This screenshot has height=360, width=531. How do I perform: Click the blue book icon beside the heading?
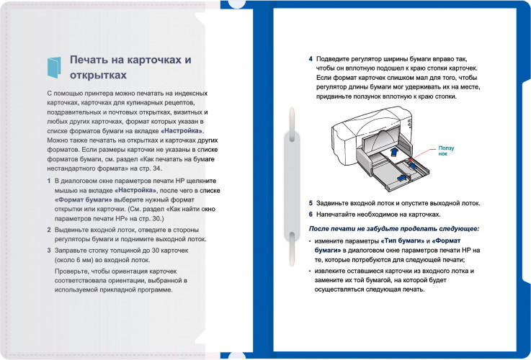pyautogui.click(x=54, y=67)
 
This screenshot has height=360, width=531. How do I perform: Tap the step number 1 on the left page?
pyautogui.click(x=48, y=181)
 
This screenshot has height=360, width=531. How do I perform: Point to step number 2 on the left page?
pyautogui.click(x=48, y=229)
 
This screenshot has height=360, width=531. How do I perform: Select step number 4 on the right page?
pyautogui.click(x=311, y=58)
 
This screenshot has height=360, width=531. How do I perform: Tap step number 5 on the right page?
pyautogui.click(x=311, y=203)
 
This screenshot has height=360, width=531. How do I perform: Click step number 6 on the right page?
pyautogui.click(x=311, y=215)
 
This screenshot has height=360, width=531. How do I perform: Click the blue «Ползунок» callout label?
pyautogui.click(x=447, y=150)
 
